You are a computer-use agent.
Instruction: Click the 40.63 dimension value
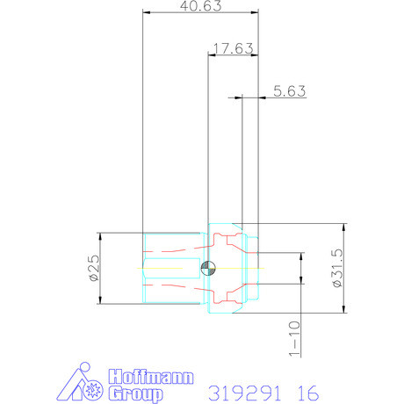(x=200, y=7)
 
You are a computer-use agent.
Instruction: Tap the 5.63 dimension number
(x=289, y=90)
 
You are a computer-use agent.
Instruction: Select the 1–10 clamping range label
(x=293, y=338)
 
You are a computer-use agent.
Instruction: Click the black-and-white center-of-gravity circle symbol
(x=207, y=269)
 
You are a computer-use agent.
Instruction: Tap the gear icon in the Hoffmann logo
(x=90, y=390)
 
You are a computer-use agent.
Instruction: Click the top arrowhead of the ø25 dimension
(x=102, y=236)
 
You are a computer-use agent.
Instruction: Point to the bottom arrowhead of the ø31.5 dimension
(x=343, y=309)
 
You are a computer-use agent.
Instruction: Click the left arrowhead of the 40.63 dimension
(x=147, y=13)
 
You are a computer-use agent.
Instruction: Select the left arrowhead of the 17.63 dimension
(x=211, y=54)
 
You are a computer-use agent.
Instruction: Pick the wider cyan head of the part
(x=234, y=269)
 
